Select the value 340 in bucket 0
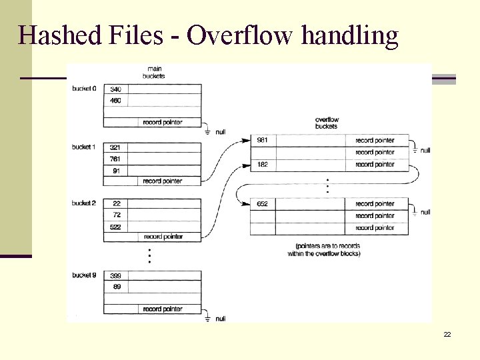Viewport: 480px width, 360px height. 116,89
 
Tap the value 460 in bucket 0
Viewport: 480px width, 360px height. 116,101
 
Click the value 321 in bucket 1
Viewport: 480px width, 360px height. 116,147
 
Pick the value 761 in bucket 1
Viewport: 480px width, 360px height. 116,159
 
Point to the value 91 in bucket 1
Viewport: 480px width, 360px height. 116,171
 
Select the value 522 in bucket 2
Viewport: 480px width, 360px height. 116,227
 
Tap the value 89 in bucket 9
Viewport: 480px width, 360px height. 116,287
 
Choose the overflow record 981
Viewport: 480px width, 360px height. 263,141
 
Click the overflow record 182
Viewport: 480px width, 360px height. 263,164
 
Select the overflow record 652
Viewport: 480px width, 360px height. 263,204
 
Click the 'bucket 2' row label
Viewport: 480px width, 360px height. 84,203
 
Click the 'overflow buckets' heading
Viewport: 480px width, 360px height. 326,123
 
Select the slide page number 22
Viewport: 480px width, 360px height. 447,334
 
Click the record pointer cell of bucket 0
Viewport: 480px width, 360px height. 163,123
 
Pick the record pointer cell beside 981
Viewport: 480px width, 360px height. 375,141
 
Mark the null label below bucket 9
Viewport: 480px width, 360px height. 220,319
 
